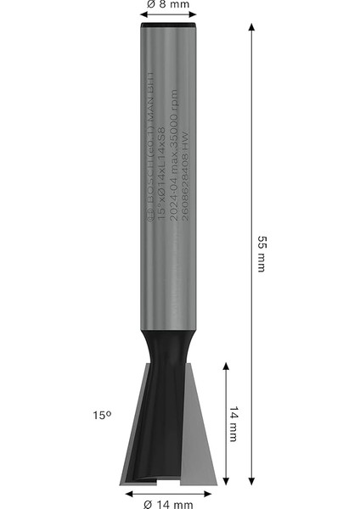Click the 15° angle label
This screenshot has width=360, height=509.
(x=103, y=416)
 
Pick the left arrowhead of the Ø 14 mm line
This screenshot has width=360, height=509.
(x=127, y=493)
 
